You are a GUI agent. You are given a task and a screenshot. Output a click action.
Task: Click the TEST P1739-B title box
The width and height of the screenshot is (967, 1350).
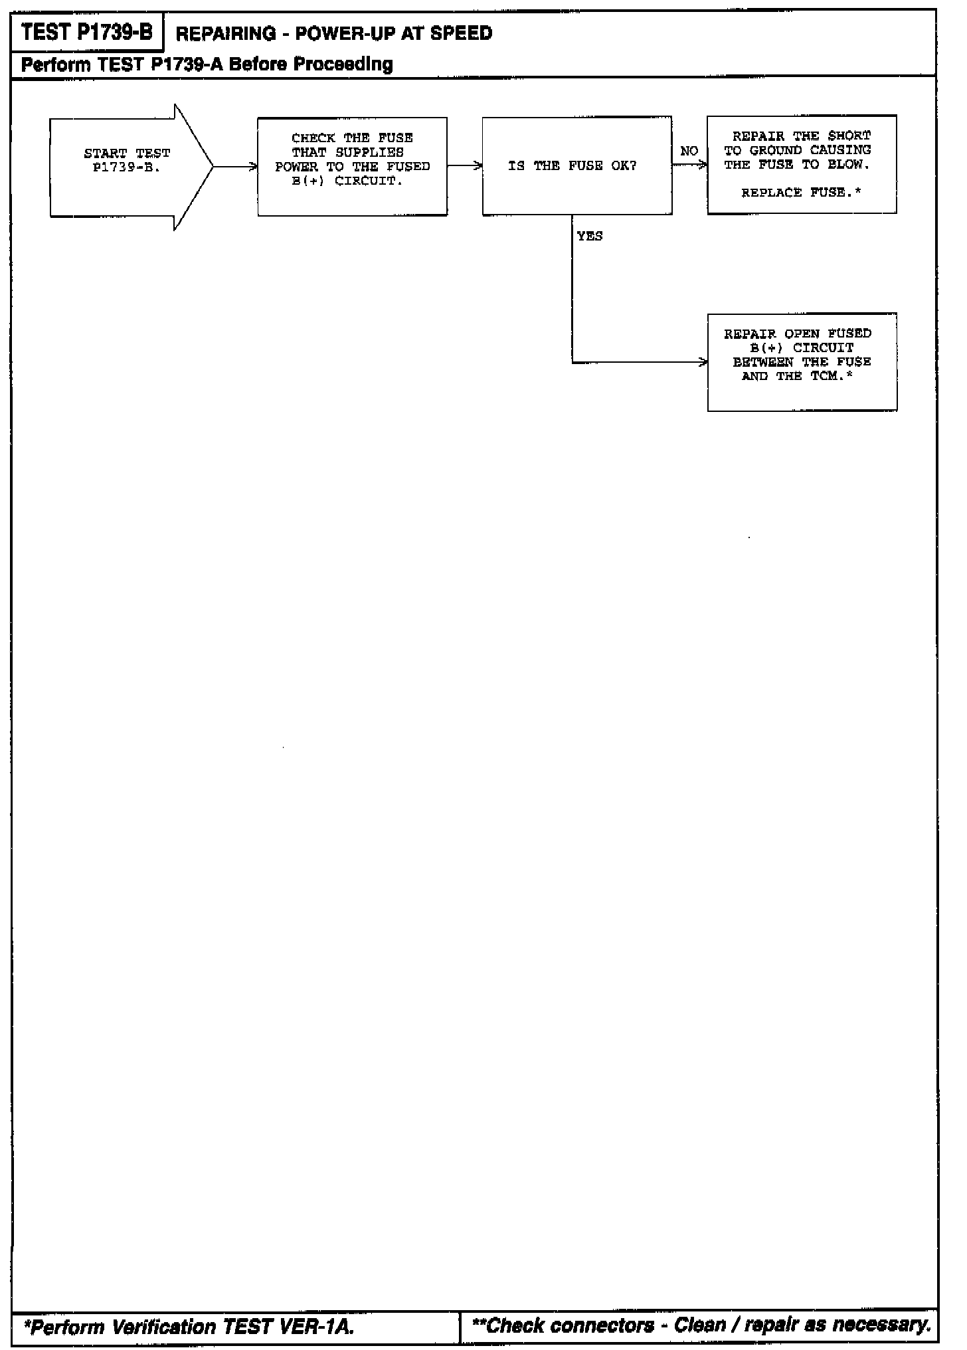point(87,33)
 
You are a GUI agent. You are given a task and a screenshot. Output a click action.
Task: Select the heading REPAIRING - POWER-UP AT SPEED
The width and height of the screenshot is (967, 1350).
point(334,33)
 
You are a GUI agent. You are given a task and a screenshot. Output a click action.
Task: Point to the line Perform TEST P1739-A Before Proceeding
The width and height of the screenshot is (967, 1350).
point(207,64)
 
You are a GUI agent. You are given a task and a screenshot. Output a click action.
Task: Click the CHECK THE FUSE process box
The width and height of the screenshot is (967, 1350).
point(352,167)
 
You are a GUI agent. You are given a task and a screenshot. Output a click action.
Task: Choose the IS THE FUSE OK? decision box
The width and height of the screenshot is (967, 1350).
point(576,166)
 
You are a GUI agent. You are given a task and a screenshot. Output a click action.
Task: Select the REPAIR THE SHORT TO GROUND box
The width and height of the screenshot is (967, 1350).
point(802,165)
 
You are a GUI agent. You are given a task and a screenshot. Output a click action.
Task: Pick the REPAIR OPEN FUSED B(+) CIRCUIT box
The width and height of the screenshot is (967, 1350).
point(802,362)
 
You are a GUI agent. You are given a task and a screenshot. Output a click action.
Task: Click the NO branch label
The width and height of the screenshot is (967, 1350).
point(689,151)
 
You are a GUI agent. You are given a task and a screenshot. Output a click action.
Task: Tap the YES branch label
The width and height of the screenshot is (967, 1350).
point(590,236)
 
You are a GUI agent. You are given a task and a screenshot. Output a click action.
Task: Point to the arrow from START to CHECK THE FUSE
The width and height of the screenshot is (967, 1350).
point(236,167)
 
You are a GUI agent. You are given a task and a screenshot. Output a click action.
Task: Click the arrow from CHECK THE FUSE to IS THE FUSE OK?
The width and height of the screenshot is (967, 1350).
point(465,166)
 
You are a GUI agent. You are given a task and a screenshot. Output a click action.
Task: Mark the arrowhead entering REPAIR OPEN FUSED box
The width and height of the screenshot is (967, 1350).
point(703,363)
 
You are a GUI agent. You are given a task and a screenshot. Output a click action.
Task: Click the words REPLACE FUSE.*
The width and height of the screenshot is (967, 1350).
point(801,193)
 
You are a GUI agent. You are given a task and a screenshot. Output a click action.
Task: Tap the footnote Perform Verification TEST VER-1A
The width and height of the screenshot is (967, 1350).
point(189,1327)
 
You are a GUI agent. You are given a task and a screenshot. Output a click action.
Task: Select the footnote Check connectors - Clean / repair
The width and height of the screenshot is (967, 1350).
point(701,1325)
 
